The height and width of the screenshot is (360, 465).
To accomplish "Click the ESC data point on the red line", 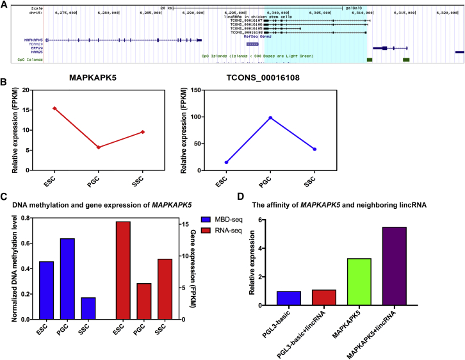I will click(x=55, y=108).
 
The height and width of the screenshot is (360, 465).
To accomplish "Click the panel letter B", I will click(x=4, y=82).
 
